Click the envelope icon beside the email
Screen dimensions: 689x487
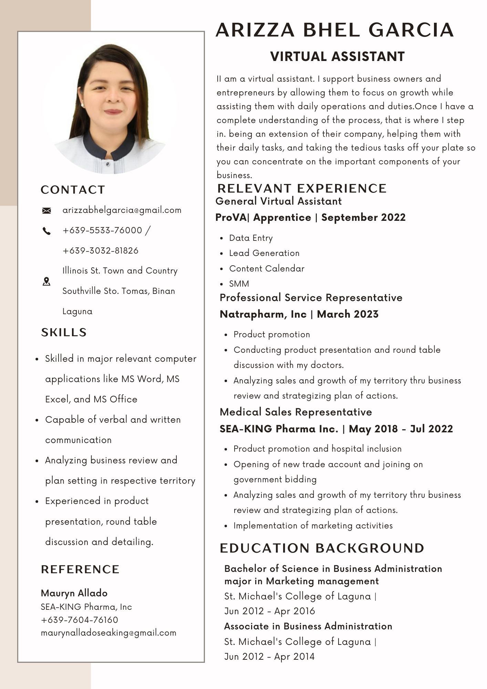(x=46, y=210)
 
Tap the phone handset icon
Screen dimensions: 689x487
(x=46, y=231)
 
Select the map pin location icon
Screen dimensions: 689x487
(x=46, y=281)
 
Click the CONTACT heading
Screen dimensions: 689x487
(x=73, y=190)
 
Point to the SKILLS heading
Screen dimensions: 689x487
(x=64, y=332)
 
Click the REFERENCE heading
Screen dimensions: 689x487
(x=80, y=569)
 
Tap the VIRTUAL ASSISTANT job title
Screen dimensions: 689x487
(x=337, y=57)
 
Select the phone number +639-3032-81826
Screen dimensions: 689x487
(x=100, y=250)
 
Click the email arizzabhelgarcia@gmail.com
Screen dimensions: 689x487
(x=122, y=210)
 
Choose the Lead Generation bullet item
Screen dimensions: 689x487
(x=264, y=253)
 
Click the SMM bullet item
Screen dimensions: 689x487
(x=239, y=284)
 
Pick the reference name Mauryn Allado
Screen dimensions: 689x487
(x=74, y=593)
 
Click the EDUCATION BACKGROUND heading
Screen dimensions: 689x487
(x=322, y=548)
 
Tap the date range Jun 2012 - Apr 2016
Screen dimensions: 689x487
(x=270, y=611)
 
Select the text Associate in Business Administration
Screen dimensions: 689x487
(x=308, y=626)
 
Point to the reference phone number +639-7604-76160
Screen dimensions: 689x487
(x=79, y=620)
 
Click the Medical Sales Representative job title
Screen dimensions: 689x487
(x=296, y=412)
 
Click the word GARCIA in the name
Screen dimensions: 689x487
(x=411, y=30)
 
